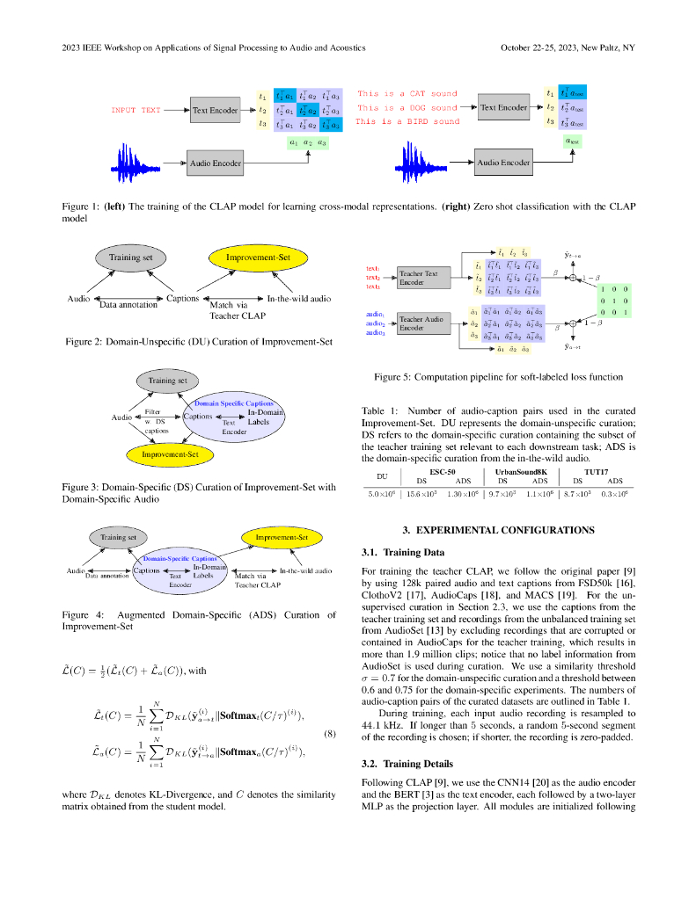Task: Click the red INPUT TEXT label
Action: pyautogui.click(x=136, y=111)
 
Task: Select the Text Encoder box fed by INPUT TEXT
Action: pyautogui.click(x=215, y=111)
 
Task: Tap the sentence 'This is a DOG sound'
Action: pyautogui.click(x=407, y=108)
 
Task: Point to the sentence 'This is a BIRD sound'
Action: pyautogui.click(x=407, y=121)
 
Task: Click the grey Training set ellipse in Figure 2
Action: pyautogui.click(x=130, y=258)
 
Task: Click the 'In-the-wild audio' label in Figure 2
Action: pyautogui.click(x=299, y=299)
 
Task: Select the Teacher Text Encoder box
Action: pyautogui.click(x=418, y=279)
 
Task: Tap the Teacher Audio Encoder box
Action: pyautogui.click(x=418, y=324)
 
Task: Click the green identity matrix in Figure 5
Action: pyautogui.click(x=612, y=300)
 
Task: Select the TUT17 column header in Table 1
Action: pyautogui.click(x=597, y=471)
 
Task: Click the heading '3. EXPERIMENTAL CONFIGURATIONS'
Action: pyautogui.click(x=498, y=530)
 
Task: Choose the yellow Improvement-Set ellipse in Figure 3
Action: pyautogui.click(x=169, y=454)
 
